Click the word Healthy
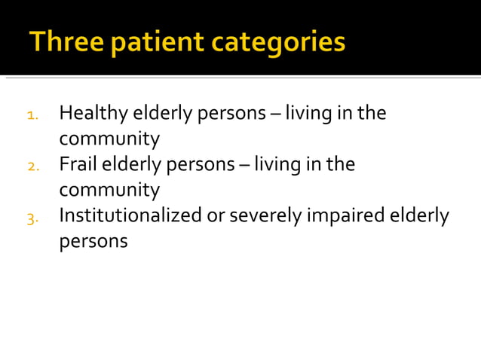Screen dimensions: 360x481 (x=93, y=114)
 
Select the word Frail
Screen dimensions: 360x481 (x=79, y=164)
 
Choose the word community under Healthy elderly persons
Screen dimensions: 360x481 (x=109, y=139)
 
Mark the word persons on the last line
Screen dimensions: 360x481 (x=93, y=243)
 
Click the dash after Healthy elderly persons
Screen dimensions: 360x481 (x=274, y=114)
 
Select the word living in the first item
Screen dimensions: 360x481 (x=305, y=114)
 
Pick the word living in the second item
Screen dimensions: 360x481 (x=274, y=164)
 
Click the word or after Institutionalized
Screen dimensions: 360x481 (x=216, y=217)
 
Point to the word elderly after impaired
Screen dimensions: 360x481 (x=418, y=216)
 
